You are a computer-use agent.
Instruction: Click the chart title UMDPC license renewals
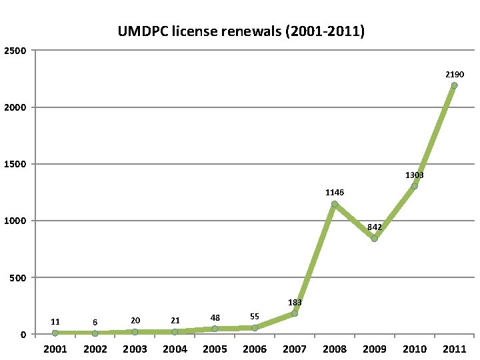[241, 31]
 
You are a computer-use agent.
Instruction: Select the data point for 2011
[454, 85]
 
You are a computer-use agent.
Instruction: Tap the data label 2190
[455, 74]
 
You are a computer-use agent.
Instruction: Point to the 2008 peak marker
[334, 204]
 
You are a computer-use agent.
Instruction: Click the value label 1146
[335, 192]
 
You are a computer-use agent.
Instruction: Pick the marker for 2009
[374, 238]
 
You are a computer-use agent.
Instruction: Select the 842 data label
[374, 227]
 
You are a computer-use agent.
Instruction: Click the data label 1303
[414, 175]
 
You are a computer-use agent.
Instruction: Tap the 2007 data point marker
[294, 313]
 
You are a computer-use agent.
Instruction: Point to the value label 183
[295, 302]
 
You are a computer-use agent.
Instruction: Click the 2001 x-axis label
[55, 349]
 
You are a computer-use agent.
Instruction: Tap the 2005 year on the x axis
[215, 349]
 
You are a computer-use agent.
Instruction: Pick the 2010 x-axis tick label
[414, 349]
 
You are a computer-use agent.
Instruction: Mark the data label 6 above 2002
[95, 322]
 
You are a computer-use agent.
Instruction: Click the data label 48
[215, 317]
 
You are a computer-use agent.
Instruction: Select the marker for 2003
[135, 331]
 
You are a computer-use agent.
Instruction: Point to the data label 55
[255, 316]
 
